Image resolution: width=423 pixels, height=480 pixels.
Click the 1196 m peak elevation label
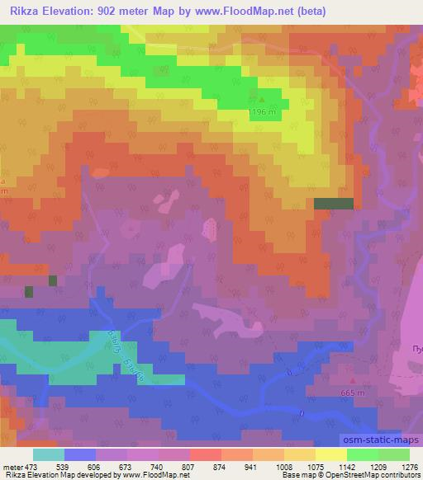click(x=263, y=112)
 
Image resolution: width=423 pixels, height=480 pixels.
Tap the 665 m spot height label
click(x=351, y=393)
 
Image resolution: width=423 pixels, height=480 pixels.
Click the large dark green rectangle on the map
click(x=334, y=203)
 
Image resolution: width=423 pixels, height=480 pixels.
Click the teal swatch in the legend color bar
click(x=49, y=455)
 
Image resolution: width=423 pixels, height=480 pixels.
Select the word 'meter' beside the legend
click(x=12, y=467)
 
